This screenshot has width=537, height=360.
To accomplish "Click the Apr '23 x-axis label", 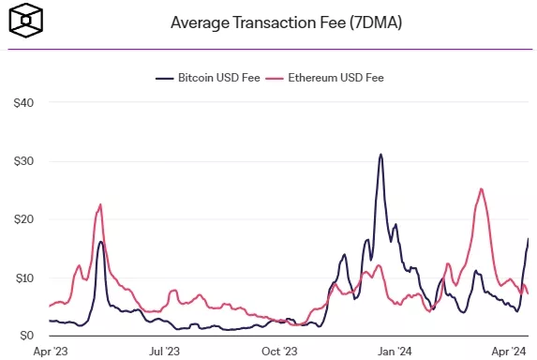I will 50,352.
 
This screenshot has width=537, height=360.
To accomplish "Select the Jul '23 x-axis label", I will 165,352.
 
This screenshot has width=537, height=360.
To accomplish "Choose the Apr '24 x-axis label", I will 508,352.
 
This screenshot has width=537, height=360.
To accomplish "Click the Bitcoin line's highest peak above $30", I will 380,154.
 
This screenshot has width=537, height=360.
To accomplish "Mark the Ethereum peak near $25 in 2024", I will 481,188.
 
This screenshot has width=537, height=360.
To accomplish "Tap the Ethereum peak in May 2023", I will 100,204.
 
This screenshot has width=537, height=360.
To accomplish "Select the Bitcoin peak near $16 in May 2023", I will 101,242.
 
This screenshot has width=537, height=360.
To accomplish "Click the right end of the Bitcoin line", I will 529,238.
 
